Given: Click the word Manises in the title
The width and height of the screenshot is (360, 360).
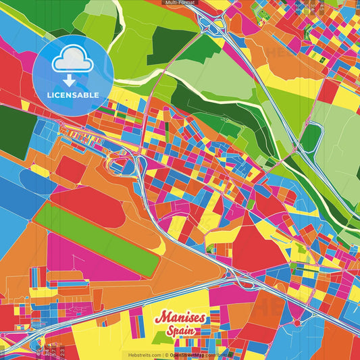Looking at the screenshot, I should pos(181,318).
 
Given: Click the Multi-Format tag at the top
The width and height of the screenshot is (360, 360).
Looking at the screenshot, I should pos(180,3).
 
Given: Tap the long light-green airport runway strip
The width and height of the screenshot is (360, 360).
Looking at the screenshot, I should pos(95,239).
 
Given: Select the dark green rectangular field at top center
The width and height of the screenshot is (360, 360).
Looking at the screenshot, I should pos(168,47).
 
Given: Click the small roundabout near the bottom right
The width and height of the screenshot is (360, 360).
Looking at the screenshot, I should pos(297,324).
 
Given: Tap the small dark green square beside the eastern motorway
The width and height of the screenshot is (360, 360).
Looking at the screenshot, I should pos(310,138).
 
